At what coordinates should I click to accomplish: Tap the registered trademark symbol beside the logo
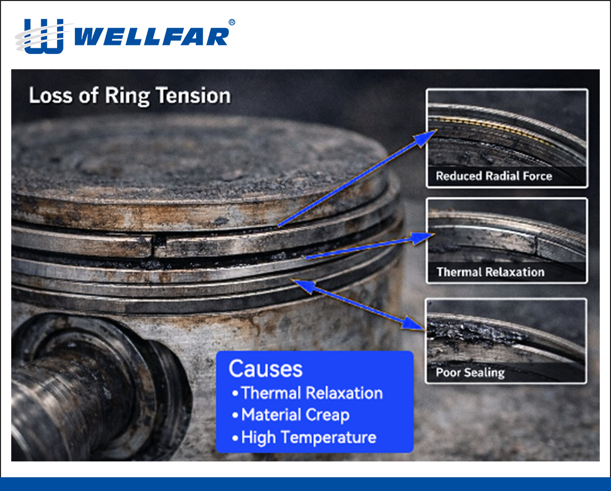232,22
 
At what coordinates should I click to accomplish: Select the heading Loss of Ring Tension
129,96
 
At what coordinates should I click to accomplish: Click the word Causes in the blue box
265,368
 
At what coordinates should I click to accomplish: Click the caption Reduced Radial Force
493,176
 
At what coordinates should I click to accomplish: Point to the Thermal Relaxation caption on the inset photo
490,272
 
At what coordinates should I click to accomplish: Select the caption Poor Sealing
469,372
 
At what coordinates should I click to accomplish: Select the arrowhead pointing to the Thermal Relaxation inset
427,236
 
